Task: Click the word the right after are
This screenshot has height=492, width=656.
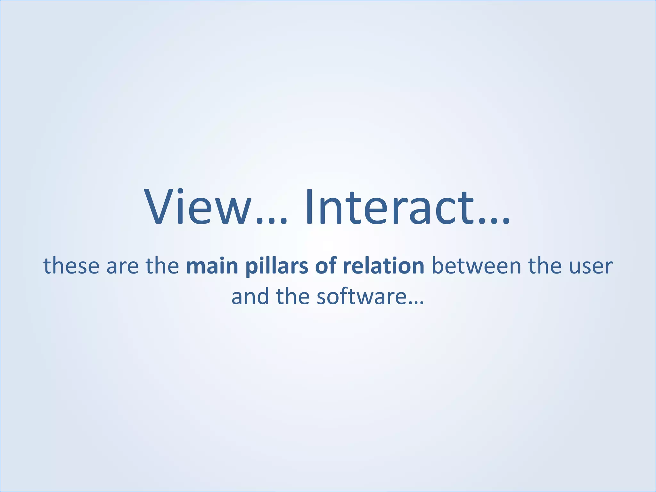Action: [x=162, y=266]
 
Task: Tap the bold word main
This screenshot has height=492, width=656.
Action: [x=212, y=266]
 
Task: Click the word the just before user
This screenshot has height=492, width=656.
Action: [x=545, y=266]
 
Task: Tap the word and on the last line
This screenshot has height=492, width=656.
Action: [x=250, y=297]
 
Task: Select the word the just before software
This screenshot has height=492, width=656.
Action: [x=292, y=297]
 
